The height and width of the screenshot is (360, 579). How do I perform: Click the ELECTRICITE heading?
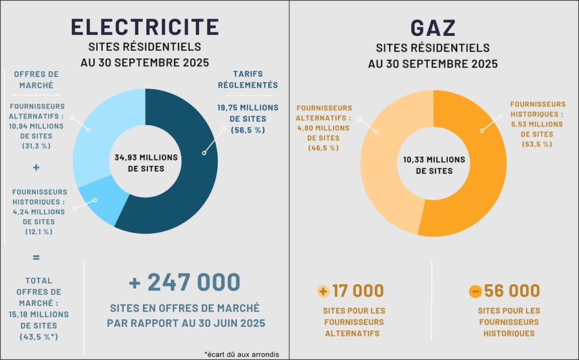click(x=145, y=26)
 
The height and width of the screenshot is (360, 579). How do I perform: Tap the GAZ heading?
click(x=433, y=28)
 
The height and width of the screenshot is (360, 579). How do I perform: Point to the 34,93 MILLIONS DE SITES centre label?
click(x=145, y=162)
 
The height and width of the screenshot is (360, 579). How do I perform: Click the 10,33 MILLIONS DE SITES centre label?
click(x=433, y=164)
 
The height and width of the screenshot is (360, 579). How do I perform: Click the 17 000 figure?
click(x=358, y=291)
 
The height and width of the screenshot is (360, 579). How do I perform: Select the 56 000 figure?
click(x=512, y=291)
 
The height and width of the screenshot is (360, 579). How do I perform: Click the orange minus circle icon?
click(x=476, y=292)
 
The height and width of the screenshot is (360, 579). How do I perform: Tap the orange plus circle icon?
click(x=323, y=292)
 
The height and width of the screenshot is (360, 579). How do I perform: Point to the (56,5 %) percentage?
click(x=247, y=130)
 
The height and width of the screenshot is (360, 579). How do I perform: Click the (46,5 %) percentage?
click(x=323, y=148)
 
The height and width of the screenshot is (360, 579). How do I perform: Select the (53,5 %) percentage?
click(x=538, y=143)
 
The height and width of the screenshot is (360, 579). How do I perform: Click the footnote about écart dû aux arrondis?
click(x=241, y=354)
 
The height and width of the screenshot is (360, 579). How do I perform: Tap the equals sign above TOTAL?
click(x=36, y=257)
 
